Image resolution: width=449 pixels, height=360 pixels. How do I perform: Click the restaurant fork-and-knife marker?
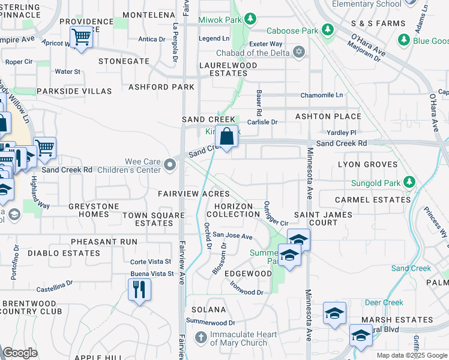pos(139,290)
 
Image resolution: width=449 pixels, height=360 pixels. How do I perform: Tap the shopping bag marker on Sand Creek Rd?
pos(227,137)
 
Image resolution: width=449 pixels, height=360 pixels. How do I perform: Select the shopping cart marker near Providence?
pos(81,38)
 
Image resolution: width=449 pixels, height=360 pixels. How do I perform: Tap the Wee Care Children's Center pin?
pos(170,163)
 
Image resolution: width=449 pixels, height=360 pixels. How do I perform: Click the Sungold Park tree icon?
pos(409,181)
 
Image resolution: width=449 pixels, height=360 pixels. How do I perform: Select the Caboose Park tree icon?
pos(327,29)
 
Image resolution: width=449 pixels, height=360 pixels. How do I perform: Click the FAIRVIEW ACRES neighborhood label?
pos(193,194)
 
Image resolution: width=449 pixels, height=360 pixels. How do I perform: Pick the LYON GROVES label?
pos(368,164)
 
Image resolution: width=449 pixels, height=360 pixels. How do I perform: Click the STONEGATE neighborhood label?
pos(124,61)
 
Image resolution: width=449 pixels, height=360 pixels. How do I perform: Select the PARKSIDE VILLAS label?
pos(74,91)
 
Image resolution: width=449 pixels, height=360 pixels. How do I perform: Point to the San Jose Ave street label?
pos(233,236)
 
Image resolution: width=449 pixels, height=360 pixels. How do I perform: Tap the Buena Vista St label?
pos(152,274)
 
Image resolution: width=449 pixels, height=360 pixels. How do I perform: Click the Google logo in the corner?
pos(20,353)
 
